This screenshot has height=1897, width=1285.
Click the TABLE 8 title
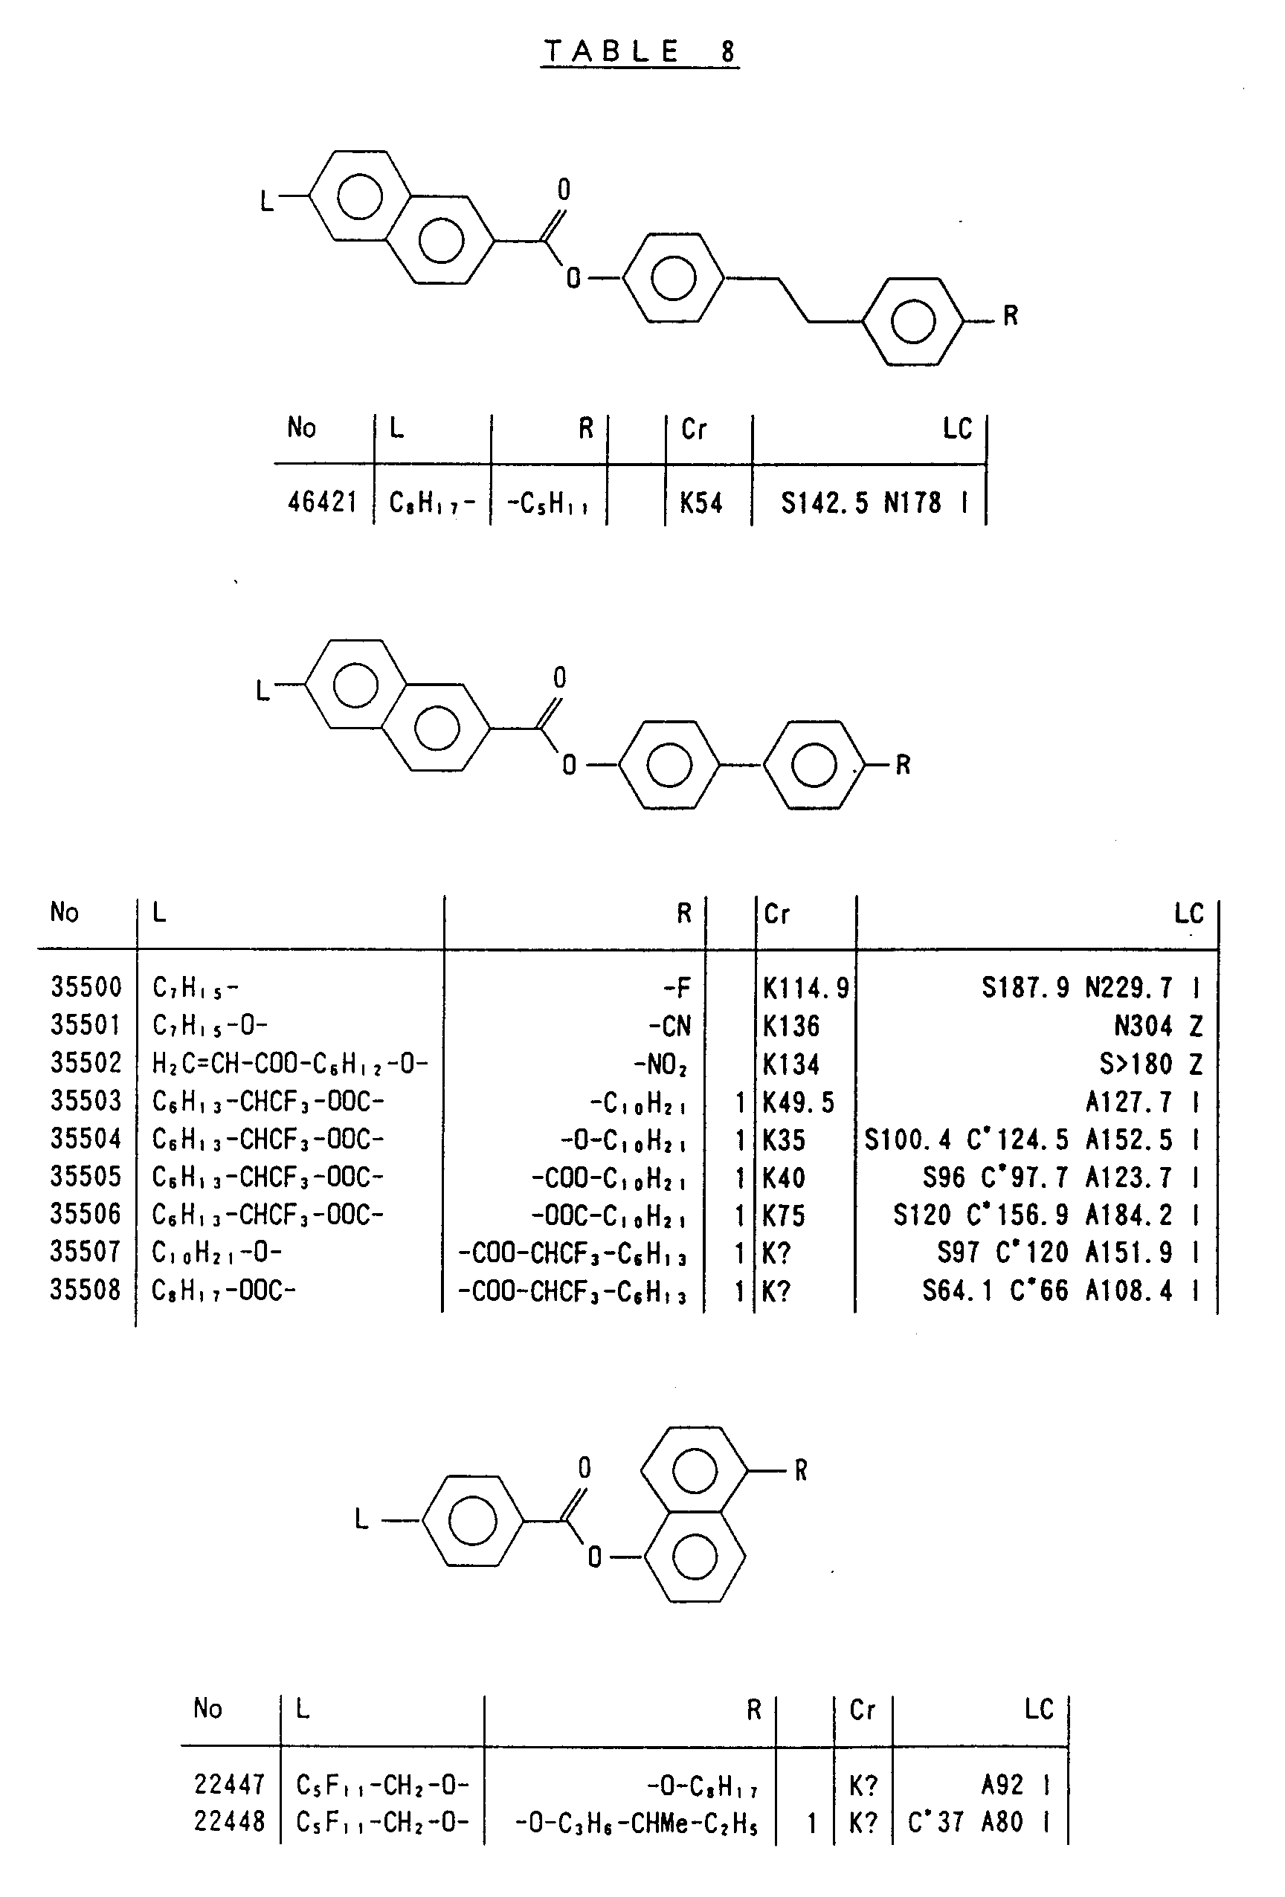pyautogui.click(x=640, y=51)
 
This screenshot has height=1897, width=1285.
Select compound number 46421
pyautogui.click(x=323, y=501)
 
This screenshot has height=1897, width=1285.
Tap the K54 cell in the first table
pyautogui.click(x=701, y=502)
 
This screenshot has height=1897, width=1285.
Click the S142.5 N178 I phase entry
pyautogui.click(x=874, y=502)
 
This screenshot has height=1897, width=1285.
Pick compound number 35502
pyautogui.click(x=86, y=1063)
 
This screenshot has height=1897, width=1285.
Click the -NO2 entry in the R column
pyautogui.click(x=660, y=1064)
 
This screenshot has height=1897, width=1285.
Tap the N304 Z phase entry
pyautogui.click(x=1158, y=1025)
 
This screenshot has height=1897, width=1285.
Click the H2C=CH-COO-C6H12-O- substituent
pyautogui.click(x=290, y=1064)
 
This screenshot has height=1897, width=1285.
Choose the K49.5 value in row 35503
pyautogui.click(x=799, y=1102)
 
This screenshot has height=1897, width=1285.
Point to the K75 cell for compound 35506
pyautogui.click(x=784, y=1215)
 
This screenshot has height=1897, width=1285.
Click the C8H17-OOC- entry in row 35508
pyautogui.click(x=224, y=1290)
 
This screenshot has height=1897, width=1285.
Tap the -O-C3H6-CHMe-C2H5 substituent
pyautogui.click(x=636, y=1822)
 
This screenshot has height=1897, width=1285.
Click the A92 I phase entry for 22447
pyautogui.click(x=1015, y=1785)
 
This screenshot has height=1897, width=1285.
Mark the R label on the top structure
pyautogui.click(x=1010, y=315)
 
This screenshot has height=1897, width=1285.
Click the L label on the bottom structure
pyautogui.click(x=361, y=1518)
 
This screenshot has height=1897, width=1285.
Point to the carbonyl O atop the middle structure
pyautogui.click(x=559, y=679)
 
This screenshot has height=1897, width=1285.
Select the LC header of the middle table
pyautogui.click(x=1188, y=913)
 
